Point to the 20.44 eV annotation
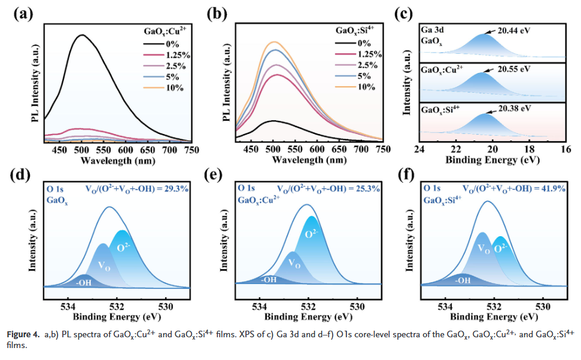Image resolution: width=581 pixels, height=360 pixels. point(515,29)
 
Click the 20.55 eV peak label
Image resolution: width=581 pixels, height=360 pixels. point(515,69)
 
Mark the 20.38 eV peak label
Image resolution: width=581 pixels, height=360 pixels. point(516,109)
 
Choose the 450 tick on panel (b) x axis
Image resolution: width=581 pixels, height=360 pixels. point(251,150)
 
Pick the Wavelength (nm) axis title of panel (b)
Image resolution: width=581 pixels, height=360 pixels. point(309,160)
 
